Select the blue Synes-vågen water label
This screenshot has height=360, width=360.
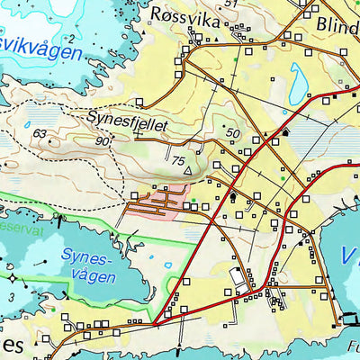87,265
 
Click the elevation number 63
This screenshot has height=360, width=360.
40,134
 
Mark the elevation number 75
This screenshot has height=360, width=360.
178,161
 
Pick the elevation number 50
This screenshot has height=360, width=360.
234,133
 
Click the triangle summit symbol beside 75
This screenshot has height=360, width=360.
188,167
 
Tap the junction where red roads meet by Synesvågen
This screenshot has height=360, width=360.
154,322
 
